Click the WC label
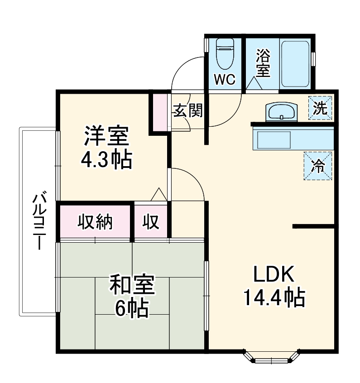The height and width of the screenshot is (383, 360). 225,80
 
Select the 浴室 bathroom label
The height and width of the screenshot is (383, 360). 263,63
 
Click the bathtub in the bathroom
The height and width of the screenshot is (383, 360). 294,64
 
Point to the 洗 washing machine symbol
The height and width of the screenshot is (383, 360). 321,109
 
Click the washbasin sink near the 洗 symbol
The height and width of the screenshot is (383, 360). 281,112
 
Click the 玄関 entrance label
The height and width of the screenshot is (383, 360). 187,111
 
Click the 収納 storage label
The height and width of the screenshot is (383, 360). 95,222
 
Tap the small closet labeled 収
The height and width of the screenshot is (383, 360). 151,222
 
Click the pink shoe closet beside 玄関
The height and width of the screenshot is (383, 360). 159,111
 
